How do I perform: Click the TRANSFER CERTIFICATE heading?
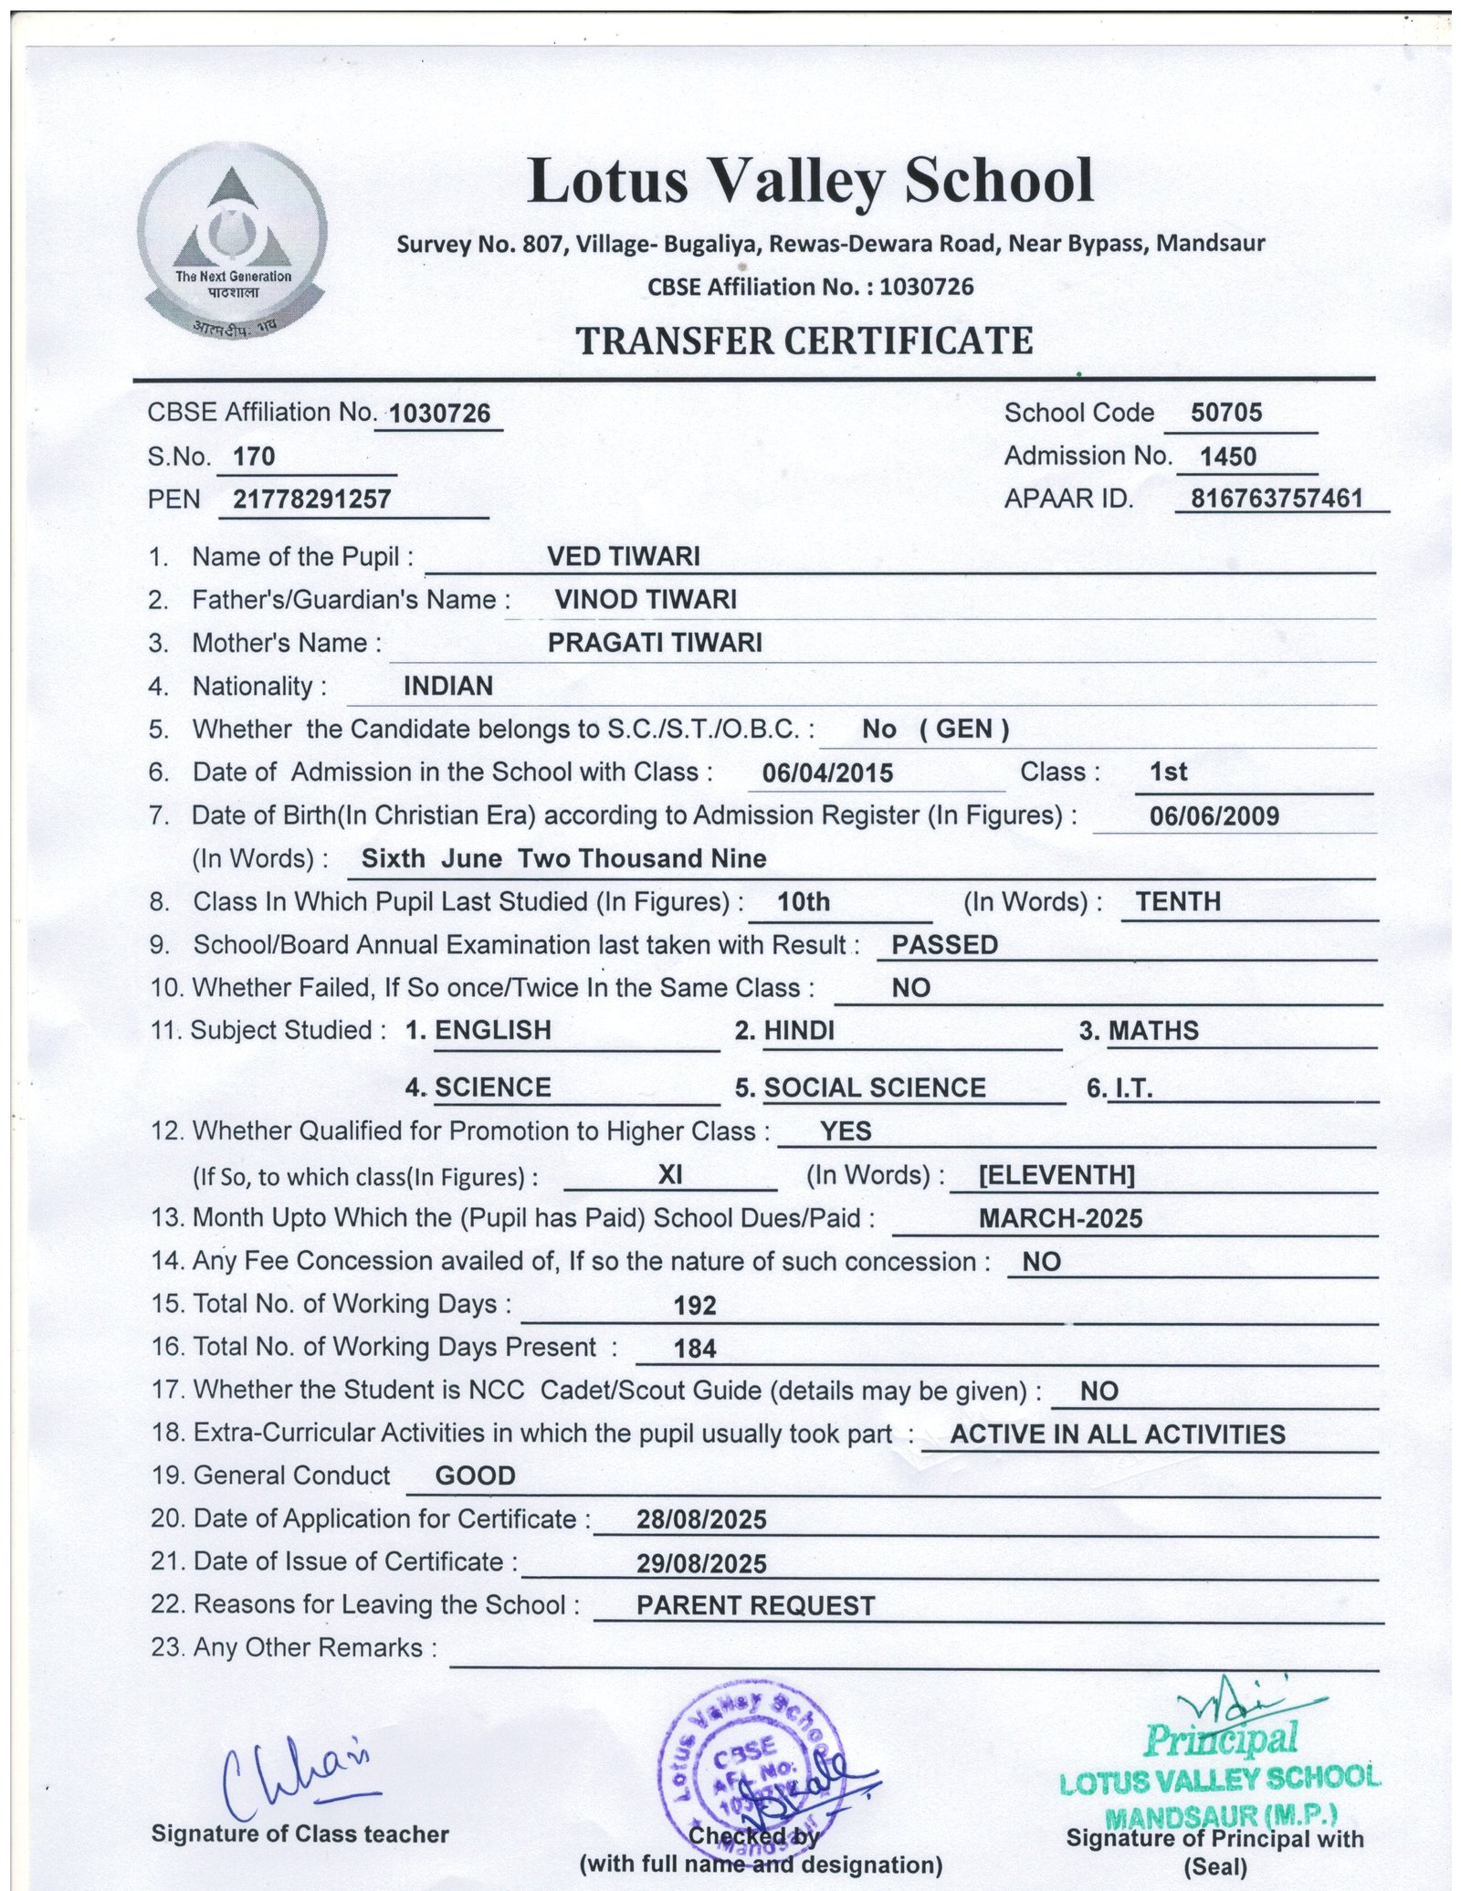click(x=804, y=341)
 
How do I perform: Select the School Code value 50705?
click(x=1226, y=413)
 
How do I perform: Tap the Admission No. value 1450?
click(x=1228, y=456)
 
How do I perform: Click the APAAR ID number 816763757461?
click(x=1277, y=498)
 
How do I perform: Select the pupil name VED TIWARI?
click(x=623, y=556)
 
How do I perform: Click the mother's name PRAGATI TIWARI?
click(x=655, y=643)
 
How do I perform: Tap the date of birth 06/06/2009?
click(x=1214, y=815)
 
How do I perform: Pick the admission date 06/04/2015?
click(x=827, y=773)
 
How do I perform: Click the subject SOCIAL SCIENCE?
click(x=874, y=1087)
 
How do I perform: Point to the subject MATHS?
click(x=1152, y=1031)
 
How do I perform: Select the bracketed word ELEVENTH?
click(x=1056, y=1175)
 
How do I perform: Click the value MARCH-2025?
click(x=1059, y=1218)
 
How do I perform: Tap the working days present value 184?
click(x=694, y=1348)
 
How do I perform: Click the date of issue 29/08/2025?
click(x=701, y=1564)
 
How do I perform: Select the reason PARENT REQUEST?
click(x=755, y=1605)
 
